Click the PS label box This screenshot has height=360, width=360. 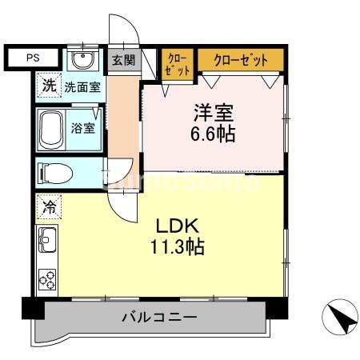click(x=33, y=58)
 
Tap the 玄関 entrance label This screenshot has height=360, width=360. click(x=123, y=61)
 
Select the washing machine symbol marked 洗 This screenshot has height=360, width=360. click(x=49, y=86)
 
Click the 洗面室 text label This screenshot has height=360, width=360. click(x=82, y=86)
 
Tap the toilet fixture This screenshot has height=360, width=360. click(x=58, y=172)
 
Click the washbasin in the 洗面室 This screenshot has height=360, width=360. click(x=79, y=61)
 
